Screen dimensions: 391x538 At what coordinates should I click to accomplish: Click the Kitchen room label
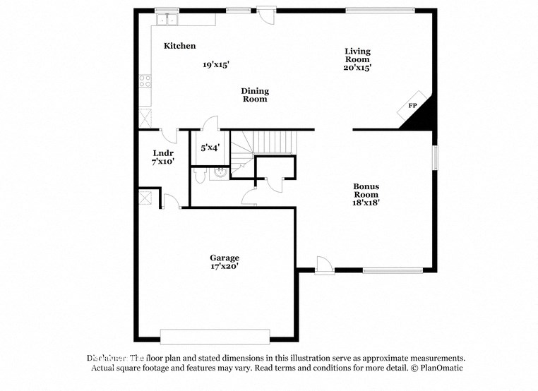pyautogui.click(x=179, y=46)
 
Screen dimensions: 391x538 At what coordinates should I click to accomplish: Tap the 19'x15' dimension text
pyautogui.click(x=216, y=64)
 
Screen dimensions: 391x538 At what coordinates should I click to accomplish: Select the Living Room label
pyautogui.click(x=357, y=55)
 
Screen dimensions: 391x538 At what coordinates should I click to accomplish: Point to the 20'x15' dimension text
pyautogui.click(x=358, y=68)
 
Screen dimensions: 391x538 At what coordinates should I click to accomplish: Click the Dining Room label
pyautogui.click(x=255, y=95)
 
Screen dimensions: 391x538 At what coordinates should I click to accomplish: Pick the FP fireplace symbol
pyautogui.click(x=412, y=106)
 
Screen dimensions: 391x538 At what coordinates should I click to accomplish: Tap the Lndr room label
pyautogui.click(x=163, y=153)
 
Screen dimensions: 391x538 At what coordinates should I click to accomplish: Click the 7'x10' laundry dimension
pyautogui.click(x=163, y=162)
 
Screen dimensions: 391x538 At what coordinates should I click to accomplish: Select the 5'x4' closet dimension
pyautogui.click(x=210, y=148)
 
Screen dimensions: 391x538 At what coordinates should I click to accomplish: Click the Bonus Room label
pyautogui.click(x=366, y=191)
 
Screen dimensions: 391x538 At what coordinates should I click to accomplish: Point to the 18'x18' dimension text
pyautogui.click(x=366, y=203)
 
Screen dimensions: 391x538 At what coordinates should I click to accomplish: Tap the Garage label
pyautogui.click(x=225, y=258)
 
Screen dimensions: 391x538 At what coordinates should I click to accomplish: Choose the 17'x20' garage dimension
pyautogui.click(x=225, y=267)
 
